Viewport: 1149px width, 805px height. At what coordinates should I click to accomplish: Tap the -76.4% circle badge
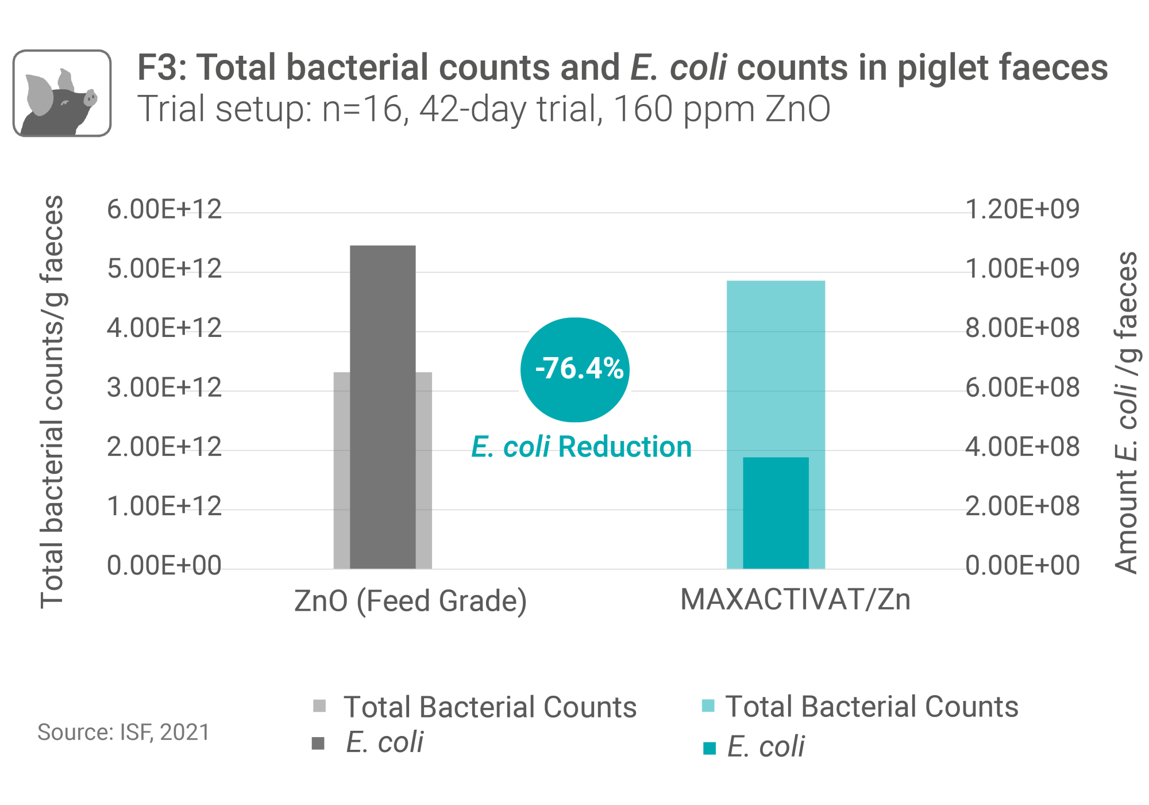pos(575,369)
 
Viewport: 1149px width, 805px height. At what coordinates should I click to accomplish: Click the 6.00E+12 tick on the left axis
pos(164,209)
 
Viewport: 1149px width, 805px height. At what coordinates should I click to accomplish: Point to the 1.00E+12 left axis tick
pos(164,507)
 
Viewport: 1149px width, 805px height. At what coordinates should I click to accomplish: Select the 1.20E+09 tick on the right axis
pos(1023,209)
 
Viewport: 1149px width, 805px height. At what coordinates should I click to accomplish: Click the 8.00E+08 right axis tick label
pos(1023,328)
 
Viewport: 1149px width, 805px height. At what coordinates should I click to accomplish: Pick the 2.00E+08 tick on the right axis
pos(1023,507)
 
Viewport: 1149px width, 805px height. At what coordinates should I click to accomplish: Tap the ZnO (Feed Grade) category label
pos(410,601)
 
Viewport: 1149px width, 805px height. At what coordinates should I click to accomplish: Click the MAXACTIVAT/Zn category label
pos(796,600)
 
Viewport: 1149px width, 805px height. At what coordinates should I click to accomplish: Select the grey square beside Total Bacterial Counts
pos(319,706)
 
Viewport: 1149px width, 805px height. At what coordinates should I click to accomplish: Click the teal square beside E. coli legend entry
pos(710,747)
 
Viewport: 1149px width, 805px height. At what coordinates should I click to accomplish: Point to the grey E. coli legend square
pos(318,743)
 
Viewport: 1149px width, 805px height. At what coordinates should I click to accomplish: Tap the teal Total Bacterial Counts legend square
pos(708,706)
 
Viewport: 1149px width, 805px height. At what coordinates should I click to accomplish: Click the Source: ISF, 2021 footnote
pos(124,732)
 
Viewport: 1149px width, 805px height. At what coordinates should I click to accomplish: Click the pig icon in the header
pos(62,93)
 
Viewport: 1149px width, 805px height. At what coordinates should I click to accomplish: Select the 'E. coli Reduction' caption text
pos(581,447)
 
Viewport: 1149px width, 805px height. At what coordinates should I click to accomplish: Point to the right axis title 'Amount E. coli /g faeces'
pos(1126,412)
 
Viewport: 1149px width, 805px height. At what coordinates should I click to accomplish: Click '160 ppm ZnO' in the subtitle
pos(722,109)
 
